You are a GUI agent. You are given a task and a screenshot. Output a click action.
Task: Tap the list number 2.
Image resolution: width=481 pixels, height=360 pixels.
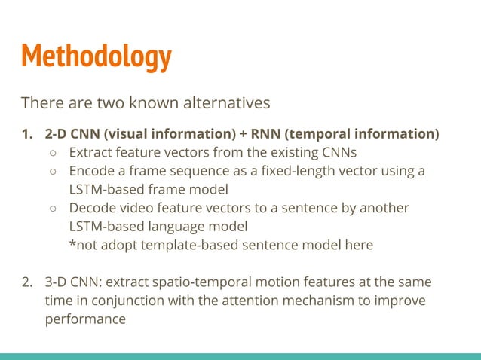pos(27,282)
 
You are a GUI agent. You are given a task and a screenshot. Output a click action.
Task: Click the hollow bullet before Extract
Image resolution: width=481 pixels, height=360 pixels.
pos(55,153)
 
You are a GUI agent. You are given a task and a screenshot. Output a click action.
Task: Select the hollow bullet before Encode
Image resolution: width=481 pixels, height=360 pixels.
pos(55,171)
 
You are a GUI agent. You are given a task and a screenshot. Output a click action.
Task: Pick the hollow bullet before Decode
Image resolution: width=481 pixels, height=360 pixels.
pos(55,208)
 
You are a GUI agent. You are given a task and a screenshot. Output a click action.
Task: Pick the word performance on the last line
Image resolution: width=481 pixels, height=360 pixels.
pos(84,319)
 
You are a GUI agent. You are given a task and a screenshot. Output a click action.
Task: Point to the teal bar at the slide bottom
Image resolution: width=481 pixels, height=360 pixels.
pos(240,355)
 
